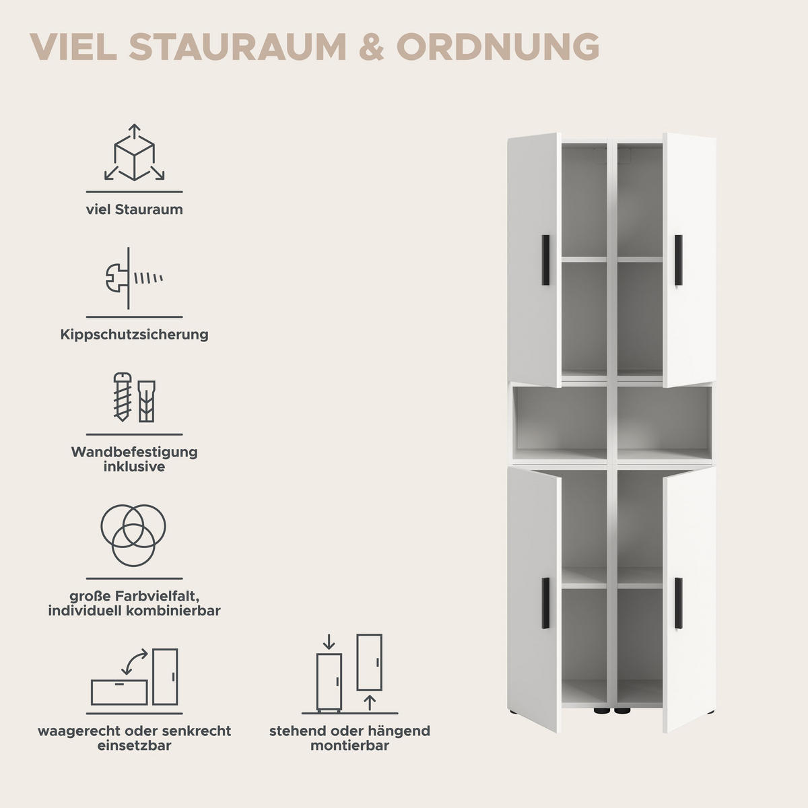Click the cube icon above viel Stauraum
[134, 153]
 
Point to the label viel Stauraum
[134, 209]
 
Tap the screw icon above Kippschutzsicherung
[133, 277]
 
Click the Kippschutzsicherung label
[134, 335]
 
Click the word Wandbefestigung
[134, 452]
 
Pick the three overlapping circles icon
[133, 535]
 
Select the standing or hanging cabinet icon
[349, 673]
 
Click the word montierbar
[349, 746]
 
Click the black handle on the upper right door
[679, 261]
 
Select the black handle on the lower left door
[545, 603]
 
